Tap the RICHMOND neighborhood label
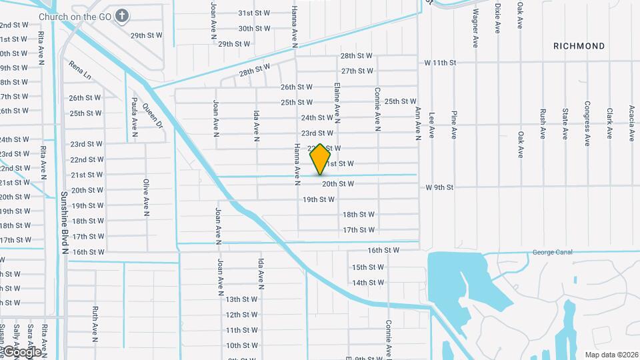pos(579,46)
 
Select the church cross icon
pos(122,15)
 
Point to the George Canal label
pos(553,252)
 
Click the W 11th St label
pos(440,63)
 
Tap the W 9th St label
pos(440,187)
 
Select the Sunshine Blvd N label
pos(65,223)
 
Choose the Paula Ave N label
pos(134,114)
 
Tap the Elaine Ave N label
pos(338,103)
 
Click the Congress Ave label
pos(587,120)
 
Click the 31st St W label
pos(254,13)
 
